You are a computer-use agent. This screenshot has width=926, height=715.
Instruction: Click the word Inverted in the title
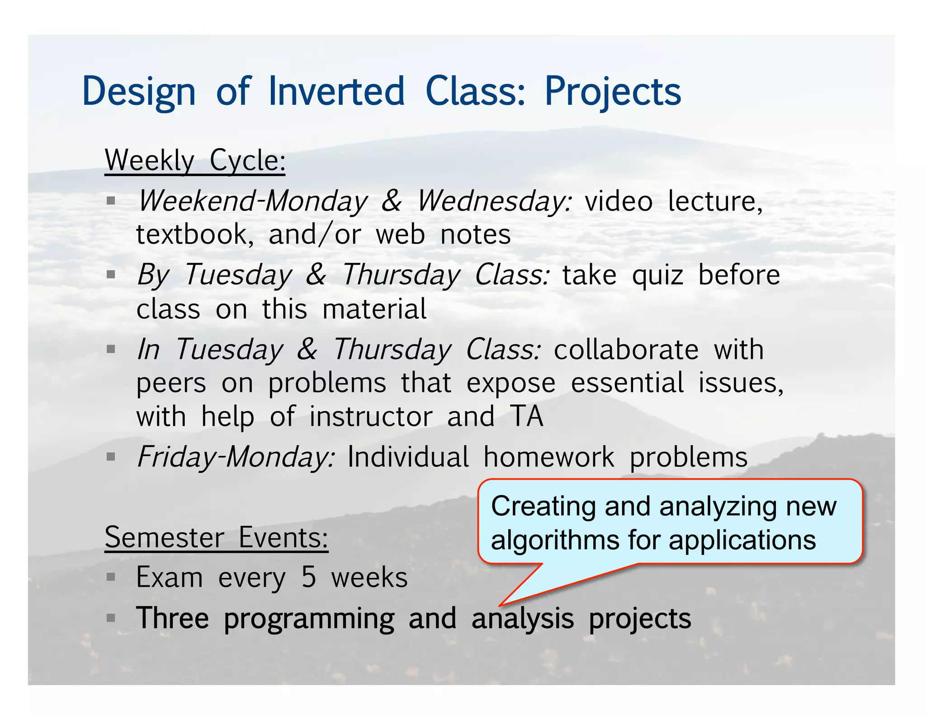pyautogui.click(x=336, y=92)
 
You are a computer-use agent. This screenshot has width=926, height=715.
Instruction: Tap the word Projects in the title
pyautogui.click(x=613, y=92)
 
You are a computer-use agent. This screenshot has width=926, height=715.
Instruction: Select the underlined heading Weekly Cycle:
pyautogui.click(x=195, y=160)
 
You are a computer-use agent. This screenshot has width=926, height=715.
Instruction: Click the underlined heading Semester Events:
pyautogui.click(x=216, y=538)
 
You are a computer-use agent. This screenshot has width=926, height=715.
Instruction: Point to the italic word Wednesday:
pyautogui.click(x=494, y=201)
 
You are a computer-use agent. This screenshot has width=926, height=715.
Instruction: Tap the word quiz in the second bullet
pyautogui.click(x=657, y=276)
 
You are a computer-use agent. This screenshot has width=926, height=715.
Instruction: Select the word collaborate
pyautogui.click(x=626, y=350)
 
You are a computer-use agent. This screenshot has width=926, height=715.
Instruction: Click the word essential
pyautogui.click(x=627, y=383)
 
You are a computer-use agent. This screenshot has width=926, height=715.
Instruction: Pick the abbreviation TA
pyautogui.click(x=527, y=417)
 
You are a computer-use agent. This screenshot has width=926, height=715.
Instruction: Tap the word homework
pyautogui.click(x=549, y=457)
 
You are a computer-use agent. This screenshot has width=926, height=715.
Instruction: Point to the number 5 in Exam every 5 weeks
pyautogui.click(x=309, y=578)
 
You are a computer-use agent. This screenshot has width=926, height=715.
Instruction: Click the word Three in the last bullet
pyautogui.click(x=173, y=618)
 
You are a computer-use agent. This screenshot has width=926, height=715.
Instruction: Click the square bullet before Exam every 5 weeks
pyautogui.click(x=111, y=577)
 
